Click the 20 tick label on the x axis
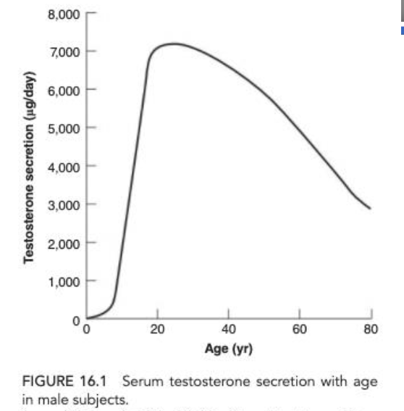click(158, 331)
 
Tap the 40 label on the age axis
click(229, 331)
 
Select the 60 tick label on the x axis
click(300, 331)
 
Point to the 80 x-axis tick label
click(371, 331)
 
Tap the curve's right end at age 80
click(371, 209)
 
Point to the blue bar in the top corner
click(402, 30)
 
